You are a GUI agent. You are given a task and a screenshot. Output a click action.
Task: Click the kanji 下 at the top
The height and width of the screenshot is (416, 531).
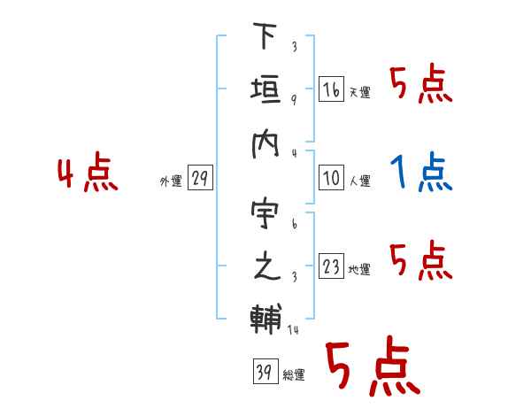265,35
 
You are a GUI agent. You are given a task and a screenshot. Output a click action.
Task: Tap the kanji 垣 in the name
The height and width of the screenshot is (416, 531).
265,89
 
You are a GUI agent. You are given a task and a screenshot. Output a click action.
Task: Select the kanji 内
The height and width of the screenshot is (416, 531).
265,144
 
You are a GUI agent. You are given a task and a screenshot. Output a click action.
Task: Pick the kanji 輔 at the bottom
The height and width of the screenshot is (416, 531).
266,319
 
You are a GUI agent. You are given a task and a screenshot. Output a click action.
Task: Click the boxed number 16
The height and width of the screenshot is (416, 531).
332,89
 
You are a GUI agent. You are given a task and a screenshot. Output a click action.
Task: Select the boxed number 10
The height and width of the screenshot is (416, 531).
332,178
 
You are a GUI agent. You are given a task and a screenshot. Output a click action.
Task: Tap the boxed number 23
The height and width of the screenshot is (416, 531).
332,266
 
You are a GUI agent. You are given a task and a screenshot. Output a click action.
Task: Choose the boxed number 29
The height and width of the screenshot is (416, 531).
200,178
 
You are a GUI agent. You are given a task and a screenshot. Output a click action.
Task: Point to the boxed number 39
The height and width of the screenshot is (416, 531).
265,371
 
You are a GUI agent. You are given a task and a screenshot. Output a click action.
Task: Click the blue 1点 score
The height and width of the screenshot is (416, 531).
421,172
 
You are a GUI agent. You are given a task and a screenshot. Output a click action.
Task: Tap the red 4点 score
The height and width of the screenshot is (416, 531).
88,172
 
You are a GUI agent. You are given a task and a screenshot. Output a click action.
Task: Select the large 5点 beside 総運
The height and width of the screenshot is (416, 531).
373,366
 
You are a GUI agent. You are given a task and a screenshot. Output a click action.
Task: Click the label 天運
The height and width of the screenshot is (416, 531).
360,92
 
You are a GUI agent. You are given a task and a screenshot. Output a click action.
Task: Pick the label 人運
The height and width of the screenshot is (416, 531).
360,181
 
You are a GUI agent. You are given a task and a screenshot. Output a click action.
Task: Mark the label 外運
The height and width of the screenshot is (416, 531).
171,181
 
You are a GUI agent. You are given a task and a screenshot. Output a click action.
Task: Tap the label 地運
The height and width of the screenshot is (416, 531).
359,269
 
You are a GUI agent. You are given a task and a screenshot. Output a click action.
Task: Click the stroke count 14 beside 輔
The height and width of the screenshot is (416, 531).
293,329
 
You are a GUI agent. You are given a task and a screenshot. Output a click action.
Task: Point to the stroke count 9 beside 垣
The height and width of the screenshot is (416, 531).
294,100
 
